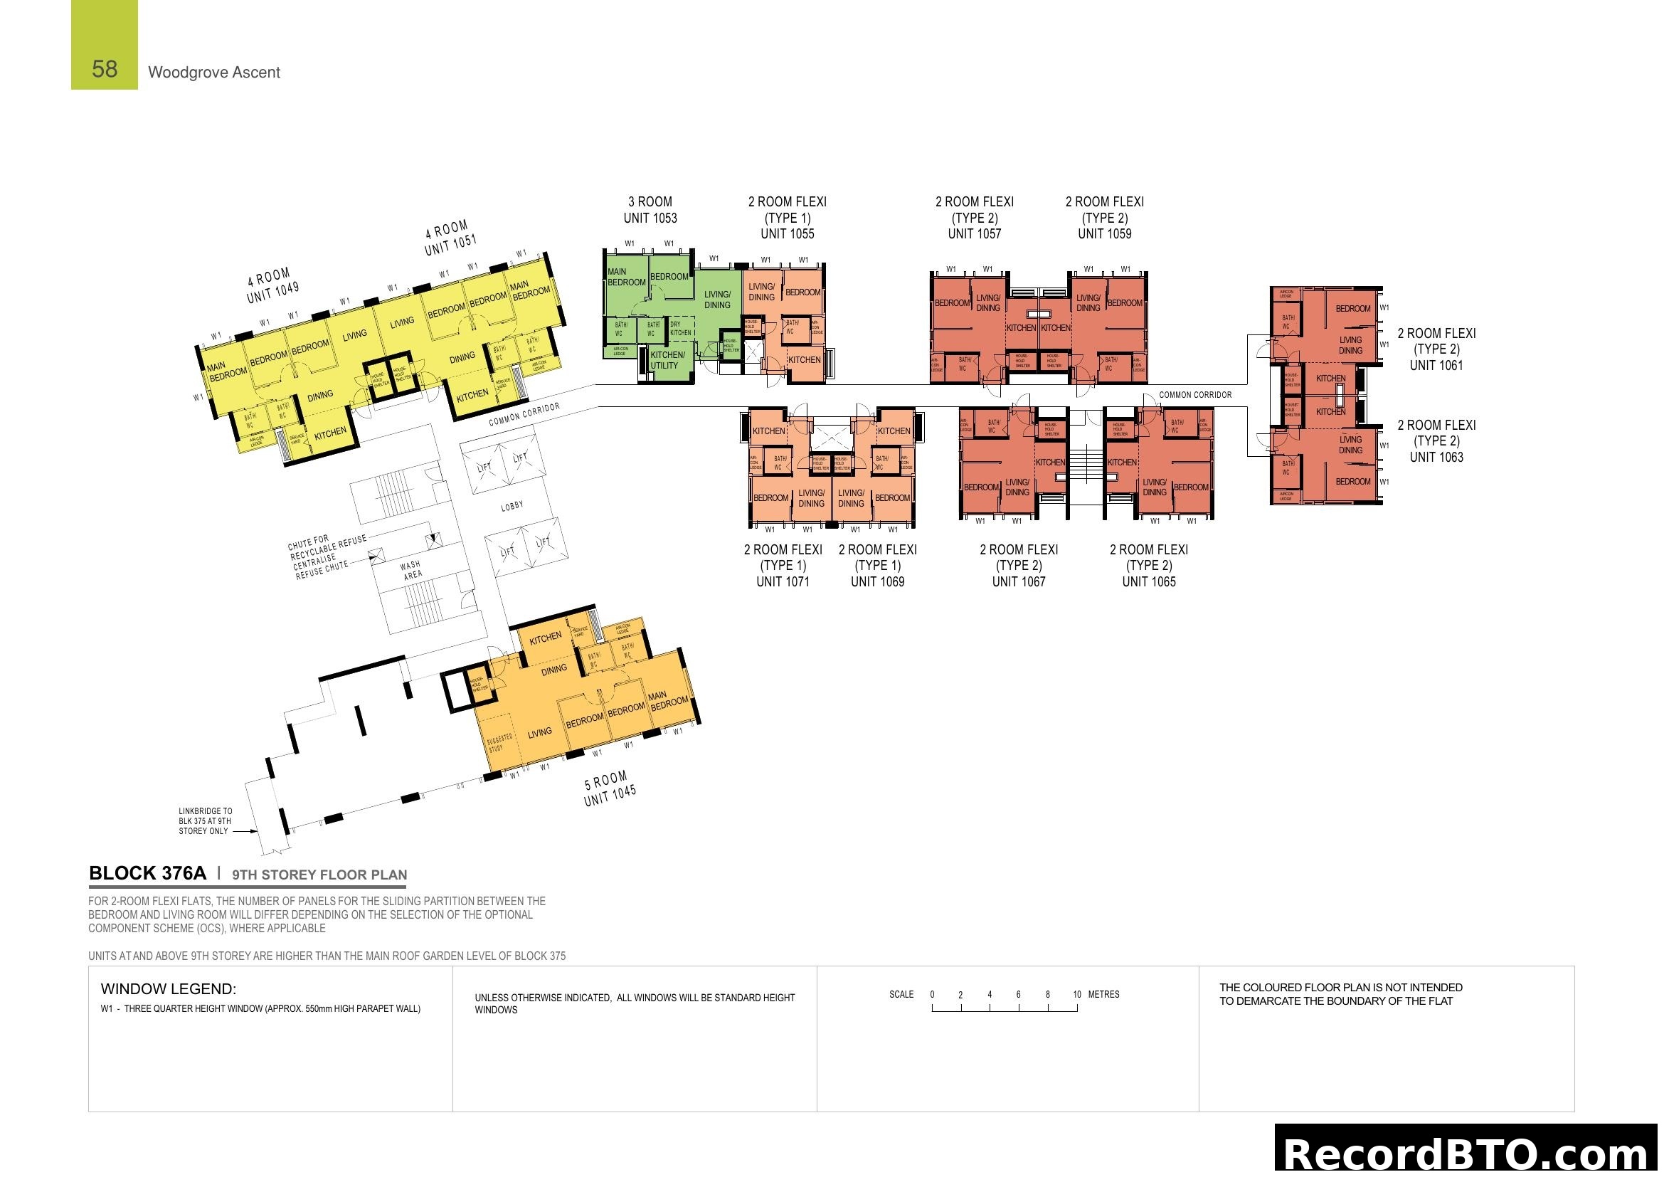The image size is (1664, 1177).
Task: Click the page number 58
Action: click(105, 69)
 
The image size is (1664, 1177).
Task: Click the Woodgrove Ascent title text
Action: click(214, 73)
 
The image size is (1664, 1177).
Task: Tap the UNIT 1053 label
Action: click(650, 218)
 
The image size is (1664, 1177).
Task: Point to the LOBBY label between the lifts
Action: click(512, 506)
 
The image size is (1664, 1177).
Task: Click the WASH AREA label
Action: click(411, 570)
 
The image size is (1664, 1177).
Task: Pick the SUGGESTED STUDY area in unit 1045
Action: click(499, 742)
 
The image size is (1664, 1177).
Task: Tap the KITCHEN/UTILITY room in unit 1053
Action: click(667, 360)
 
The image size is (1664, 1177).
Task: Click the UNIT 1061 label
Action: click(1436, 366)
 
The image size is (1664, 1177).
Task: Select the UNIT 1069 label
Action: click(877, 582)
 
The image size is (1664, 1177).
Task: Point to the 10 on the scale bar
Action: click(1077, 994)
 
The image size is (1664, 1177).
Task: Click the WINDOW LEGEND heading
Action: click(168, 989)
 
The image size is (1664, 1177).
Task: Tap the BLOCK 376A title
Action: click(148, 873)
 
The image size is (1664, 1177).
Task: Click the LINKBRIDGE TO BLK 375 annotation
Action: click(205, 821)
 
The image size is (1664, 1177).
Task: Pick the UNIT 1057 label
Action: click(974, 234)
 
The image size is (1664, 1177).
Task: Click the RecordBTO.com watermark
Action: click(1468, 1154)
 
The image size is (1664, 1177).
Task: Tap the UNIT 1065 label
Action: click(1149, 582)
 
